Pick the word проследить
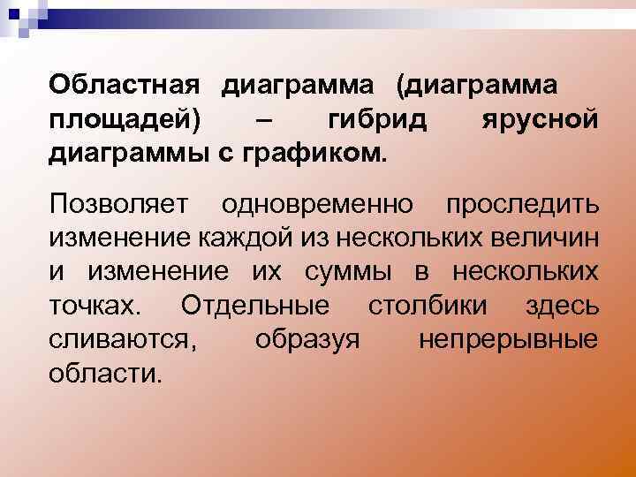(x=522, y=205)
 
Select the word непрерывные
(x=508, y=340)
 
